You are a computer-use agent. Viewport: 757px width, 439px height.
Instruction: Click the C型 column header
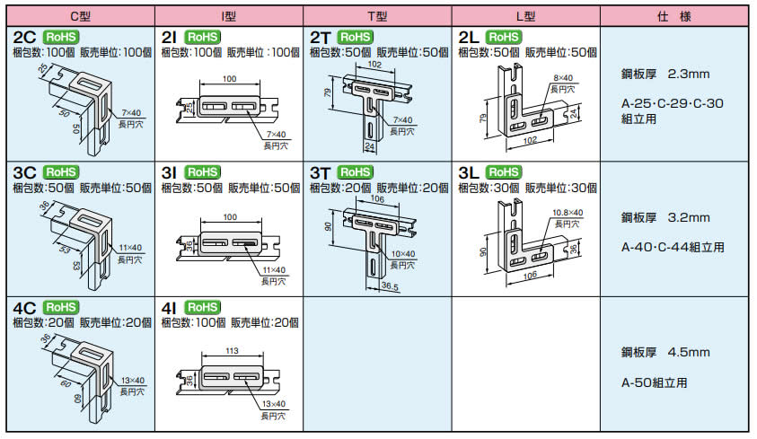pyautogui.click(x=78, y=16)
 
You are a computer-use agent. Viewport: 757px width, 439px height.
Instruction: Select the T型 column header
pyautogui.click(x=376, y=16)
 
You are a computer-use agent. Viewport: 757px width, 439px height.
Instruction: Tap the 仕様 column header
pyautogui.click(x=675, y=16)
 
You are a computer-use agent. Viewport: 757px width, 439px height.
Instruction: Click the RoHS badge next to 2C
pyautogui.click(x=61, y=37)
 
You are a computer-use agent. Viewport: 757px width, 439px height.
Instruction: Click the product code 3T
pyautogui.click(x=321, y=172)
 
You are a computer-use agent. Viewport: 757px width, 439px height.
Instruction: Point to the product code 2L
pyautogui.click(x=469, y=37)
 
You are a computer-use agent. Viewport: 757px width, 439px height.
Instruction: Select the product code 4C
pyautogui.click(x=24, y=308)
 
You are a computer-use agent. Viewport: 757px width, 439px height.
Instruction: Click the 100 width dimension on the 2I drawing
pyautogui.click(x=230, y=80)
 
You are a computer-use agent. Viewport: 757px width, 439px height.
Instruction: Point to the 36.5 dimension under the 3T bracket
pyautogui.click(x=390, y=287)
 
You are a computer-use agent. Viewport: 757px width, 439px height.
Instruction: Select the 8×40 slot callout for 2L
pyautogui.click(x=562, y=78)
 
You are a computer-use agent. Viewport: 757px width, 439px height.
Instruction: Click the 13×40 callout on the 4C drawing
pyautogui.click(x=133, y=381)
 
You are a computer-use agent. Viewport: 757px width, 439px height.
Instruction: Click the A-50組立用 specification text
pyautogui.click(x=654, y=382)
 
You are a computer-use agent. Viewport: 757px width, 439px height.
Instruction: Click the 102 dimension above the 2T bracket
pyautogui.click(x=374, y=66)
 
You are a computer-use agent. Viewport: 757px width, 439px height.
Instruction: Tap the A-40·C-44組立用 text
pyautogui.click(x=673, y=247)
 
